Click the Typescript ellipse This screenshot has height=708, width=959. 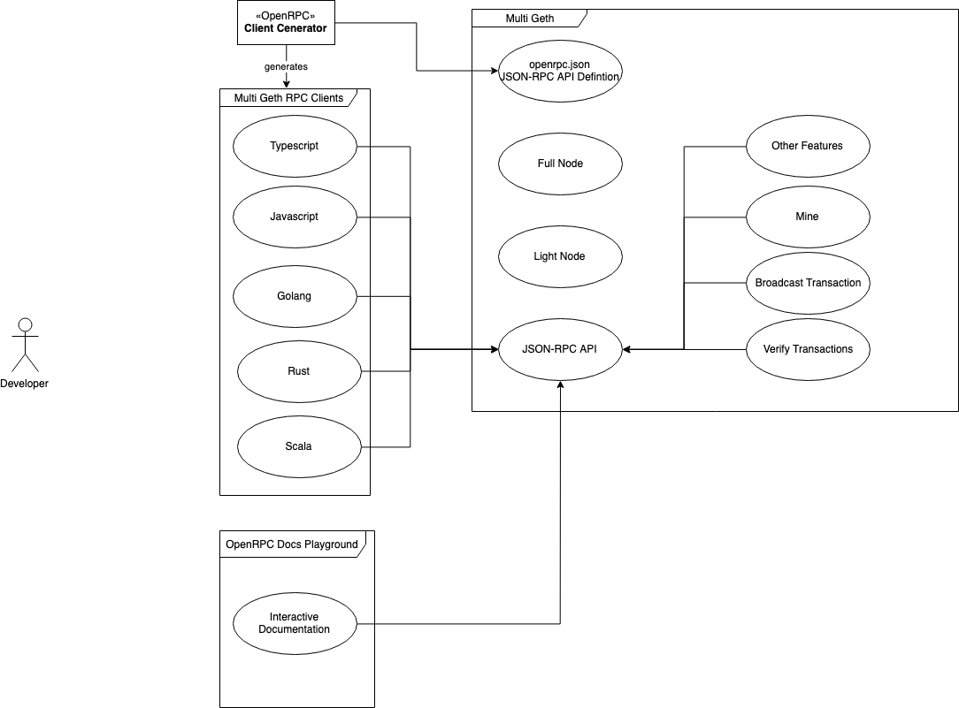pos(295,146)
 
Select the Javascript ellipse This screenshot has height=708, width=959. pos(295,217)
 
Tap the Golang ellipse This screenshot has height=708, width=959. pos(295,296)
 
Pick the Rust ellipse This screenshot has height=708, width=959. pos(299,371)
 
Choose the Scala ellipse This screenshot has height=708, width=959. pos(299,446)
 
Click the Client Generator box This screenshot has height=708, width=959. pos(285,22)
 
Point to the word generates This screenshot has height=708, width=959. pos(286,66)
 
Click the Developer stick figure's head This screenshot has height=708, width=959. pos(25,324)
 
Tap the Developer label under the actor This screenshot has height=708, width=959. pos(25,384)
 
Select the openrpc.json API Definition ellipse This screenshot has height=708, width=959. pos(560,71)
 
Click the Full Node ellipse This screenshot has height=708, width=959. pos(560,164)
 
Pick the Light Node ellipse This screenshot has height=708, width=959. pos(560,256)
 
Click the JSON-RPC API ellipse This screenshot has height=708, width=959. pos(560,349)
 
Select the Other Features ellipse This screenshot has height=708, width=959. pos(808,146)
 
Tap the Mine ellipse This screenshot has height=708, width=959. pos(808,217)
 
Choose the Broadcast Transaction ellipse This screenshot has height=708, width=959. pos(808,283)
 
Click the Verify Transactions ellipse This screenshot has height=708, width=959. pos(808,349)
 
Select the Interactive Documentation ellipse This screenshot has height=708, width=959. pos(295,623)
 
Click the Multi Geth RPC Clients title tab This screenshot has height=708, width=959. pos(288,97)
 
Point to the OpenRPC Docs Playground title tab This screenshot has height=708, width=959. pos(292,544)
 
